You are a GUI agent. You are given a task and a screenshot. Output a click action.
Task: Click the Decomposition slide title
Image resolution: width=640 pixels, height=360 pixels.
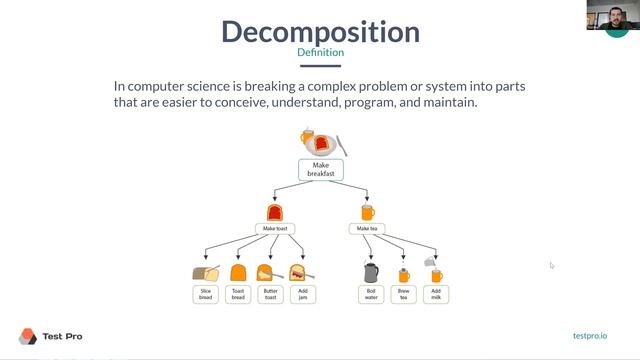[x=320, y=31]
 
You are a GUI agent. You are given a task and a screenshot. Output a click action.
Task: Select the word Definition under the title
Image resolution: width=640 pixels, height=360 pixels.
[x=320, y=53]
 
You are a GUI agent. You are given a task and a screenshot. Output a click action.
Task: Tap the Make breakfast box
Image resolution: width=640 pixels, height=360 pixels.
[x=320, y=169]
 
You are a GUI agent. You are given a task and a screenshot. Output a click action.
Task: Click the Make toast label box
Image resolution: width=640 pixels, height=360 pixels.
[x=274, y=229]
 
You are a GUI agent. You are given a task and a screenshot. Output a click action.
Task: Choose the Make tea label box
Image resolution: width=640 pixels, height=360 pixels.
[x=367, y=229]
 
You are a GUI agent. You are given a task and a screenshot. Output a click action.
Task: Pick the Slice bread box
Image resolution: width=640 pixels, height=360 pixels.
[x=205, y=294]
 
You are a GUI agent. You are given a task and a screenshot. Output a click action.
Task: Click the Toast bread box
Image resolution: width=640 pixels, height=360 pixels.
[x=238, y=294]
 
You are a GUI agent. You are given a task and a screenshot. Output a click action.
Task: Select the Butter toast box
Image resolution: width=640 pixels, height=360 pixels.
[x=270, y=294]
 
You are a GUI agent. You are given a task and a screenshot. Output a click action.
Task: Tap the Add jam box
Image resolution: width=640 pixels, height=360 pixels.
[x=302, y=294]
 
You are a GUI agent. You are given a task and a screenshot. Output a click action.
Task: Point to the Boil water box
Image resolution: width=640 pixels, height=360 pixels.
[x=370, y=294]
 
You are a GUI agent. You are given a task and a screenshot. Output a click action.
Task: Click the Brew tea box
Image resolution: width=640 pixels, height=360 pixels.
[x=403, y=294]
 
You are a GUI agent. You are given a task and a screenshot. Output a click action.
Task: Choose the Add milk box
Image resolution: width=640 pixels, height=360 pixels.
[x=435, y=294]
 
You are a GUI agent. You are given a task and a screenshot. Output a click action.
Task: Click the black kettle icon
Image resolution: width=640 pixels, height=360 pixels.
[x=370, y=272]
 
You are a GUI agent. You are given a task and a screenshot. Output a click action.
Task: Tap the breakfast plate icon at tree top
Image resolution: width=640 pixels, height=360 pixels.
[x=320, y=142]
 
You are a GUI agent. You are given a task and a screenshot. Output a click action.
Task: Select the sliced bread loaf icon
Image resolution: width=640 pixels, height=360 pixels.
[x=205, y=273]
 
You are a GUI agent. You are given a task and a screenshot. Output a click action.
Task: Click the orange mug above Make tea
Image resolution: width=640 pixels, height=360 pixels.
[x=367, y=212]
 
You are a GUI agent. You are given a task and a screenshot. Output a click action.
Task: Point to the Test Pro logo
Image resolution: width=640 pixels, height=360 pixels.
[x=50, y=336]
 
